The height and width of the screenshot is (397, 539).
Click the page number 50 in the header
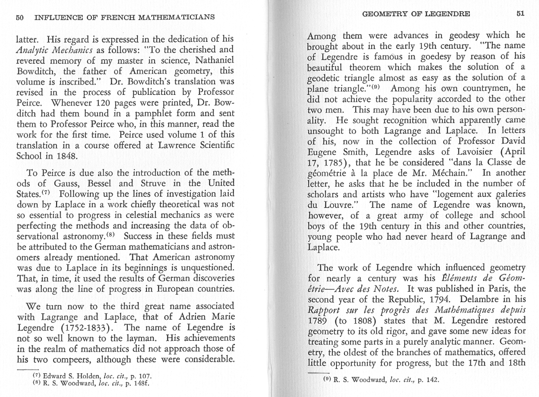19,18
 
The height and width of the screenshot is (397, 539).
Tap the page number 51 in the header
520,13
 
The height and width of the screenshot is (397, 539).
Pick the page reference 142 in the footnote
431,379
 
